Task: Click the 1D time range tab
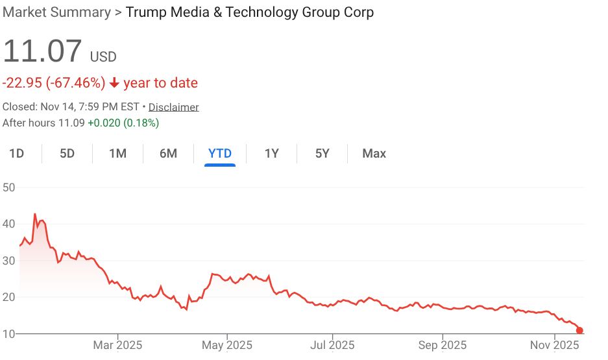[x=16, y=154]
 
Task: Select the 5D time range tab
[x=67, y=154]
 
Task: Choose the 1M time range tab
[x=117, y=154]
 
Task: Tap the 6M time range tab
[x=168, y=154]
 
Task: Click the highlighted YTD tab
[x=219, y=154]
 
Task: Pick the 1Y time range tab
[x=271, y=154]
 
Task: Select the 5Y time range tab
[x=322, y=154]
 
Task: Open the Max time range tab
[x=374, y=154]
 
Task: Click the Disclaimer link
[x=173, y=107]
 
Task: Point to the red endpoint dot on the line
[x=579, y=330]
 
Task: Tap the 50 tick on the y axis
[x=8, y=187]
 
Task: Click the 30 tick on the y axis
[x=8, y=261]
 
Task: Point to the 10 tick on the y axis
[x=8, y=334]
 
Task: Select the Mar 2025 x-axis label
[x=118, y=345]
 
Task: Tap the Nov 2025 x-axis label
[x=554, y=345]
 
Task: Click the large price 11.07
[x=43, y=52]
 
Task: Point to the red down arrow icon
[x=114, y=83]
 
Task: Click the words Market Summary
[x=56, y=12]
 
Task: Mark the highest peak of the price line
[x=34, y=214]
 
